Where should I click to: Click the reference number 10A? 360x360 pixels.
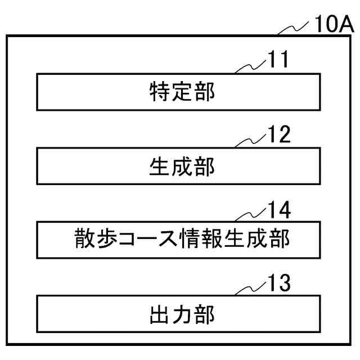[333, 25]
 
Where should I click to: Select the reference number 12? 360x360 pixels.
[278, 135]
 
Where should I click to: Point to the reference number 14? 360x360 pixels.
[278, 210]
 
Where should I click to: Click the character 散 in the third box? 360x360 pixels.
[85, 240]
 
